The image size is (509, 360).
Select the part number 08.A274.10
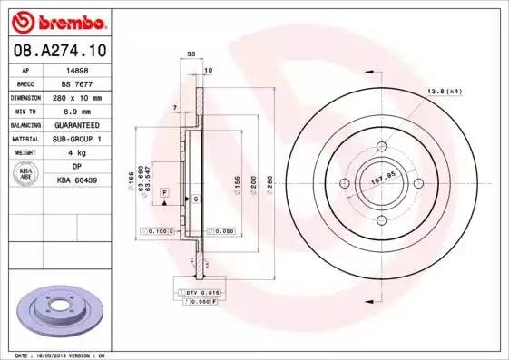tap(55, 52)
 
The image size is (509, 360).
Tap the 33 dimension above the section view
tap(191, 55)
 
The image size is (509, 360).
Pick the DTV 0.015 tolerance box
tap(202, 293)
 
